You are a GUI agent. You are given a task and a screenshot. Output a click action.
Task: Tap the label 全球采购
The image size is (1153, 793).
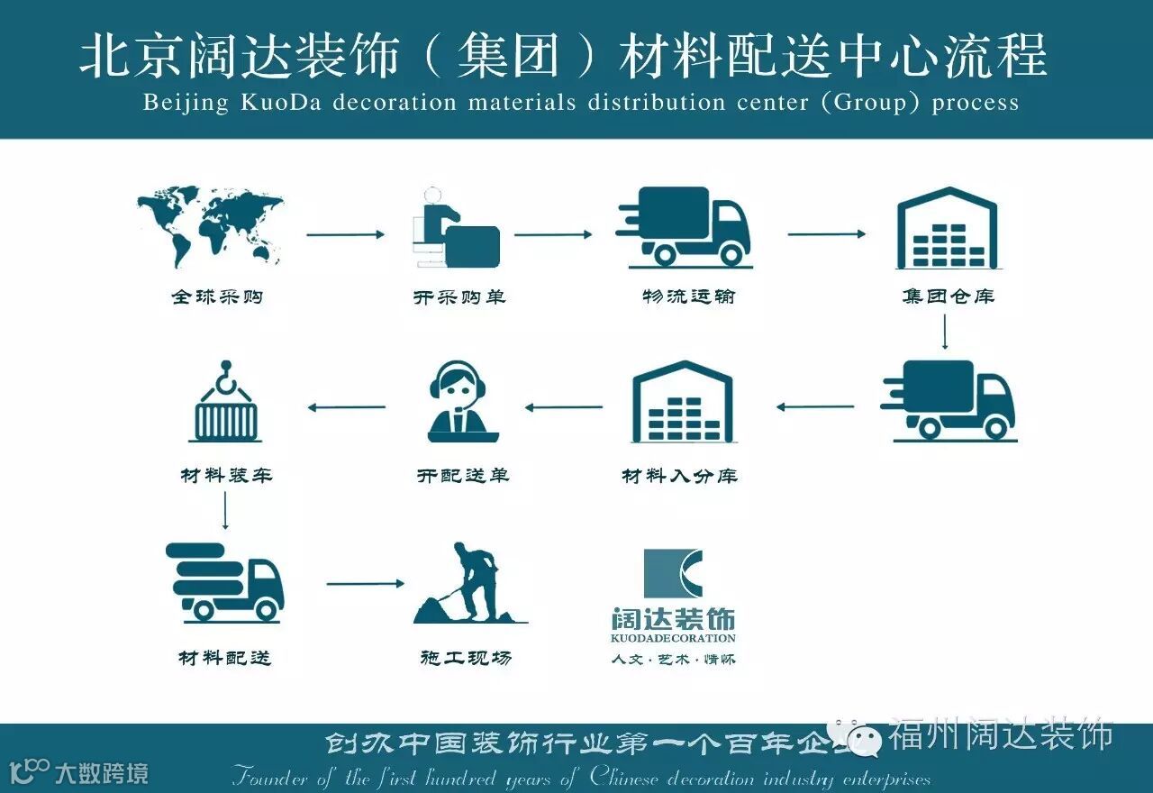click(217, 296)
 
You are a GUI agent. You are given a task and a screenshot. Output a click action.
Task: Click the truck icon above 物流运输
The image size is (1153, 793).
click(685, 227)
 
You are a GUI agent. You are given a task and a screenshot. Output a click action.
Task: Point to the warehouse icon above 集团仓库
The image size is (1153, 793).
click(947, 229)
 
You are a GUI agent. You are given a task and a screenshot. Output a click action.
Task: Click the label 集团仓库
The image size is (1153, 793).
click(948, 296)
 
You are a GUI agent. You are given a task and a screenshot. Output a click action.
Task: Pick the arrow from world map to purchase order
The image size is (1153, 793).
click(345, 234)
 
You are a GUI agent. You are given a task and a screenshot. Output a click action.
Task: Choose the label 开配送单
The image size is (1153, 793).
click(463, 475)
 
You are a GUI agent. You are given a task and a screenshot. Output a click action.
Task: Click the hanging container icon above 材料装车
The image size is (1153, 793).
click(225, 402)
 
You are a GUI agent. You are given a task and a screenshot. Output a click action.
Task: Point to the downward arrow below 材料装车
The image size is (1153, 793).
click(224, 511)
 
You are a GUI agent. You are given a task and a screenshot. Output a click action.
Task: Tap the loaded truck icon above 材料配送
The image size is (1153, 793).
click(224, 581)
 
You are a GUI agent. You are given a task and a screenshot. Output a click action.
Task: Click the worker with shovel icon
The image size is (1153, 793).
click(469, 583)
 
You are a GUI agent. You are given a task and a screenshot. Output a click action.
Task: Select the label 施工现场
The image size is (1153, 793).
click(465, 658)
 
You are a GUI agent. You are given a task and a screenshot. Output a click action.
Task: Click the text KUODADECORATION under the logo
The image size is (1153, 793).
click(673, 638)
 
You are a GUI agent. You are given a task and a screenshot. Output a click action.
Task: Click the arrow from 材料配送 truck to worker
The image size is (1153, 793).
click(365, 584)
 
